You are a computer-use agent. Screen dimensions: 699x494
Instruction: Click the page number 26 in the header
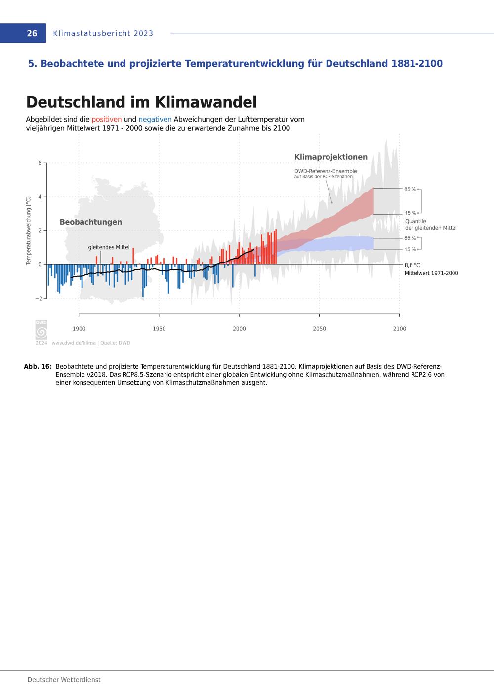coord(32,33)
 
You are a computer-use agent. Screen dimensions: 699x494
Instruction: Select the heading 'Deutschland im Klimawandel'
coord(141,102)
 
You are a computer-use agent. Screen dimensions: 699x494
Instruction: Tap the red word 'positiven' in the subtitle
coord(107,119)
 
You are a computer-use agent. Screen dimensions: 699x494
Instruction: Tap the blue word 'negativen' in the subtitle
coord(155,119)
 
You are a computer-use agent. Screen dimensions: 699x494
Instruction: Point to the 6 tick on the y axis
coord(40,163)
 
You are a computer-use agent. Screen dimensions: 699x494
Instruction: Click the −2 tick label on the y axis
coord(39,299)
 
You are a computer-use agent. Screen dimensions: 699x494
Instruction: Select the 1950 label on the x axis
coord(159,329)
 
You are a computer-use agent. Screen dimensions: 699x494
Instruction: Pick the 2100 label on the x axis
coord(399,329)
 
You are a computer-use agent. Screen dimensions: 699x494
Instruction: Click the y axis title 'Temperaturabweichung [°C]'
coord(29,230)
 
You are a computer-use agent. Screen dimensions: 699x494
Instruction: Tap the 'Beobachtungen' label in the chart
coord(90,222)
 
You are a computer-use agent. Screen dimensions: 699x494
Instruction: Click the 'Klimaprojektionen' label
coord(330,157)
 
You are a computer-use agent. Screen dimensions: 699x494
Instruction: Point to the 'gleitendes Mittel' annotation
coord(109,247)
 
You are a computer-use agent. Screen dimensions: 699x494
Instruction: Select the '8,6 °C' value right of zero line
coord(412,265)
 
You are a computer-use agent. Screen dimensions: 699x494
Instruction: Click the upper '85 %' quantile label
coord(410,189)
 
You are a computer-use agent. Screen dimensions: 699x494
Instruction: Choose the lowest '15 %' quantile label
coord(410,249)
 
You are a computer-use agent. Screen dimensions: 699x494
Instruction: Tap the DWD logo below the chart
coord(41,329)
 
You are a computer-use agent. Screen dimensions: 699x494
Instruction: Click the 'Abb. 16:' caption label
coord(38,367)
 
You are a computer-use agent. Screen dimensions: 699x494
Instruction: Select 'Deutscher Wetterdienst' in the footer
coord(64,680)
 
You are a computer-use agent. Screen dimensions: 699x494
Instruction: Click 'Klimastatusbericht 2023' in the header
coord(103,33)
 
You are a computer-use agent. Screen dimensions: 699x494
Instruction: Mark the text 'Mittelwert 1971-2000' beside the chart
coord(431,273)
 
